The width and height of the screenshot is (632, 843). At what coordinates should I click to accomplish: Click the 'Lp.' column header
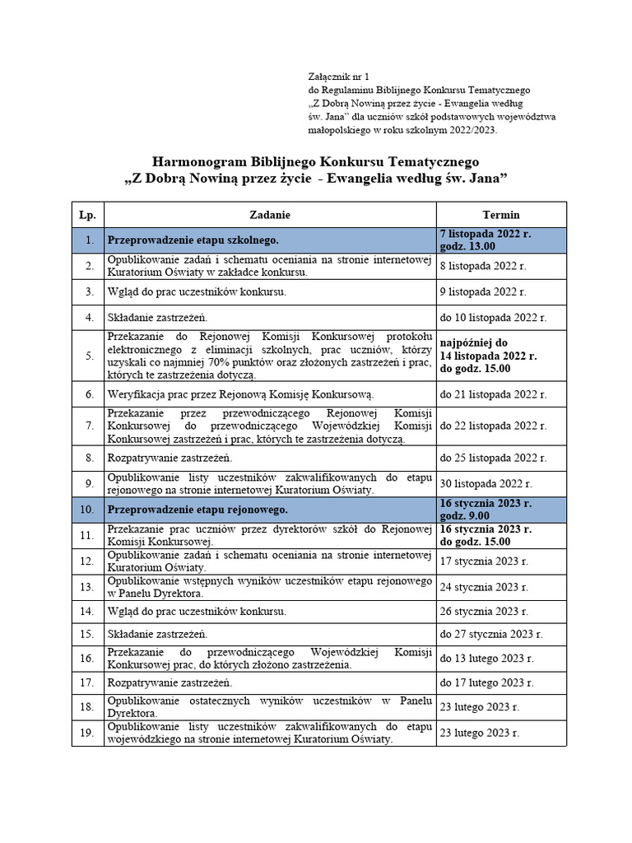[87, 214]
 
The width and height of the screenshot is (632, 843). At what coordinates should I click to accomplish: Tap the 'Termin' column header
[501, 214]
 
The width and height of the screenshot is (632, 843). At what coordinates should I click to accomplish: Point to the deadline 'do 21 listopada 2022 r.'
[492, 395]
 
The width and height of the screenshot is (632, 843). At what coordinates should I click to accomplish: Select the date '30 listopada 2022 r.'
[486, 483]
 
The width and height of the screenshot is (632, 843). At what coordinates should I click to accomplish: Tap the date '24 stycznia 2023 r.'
[483, 587]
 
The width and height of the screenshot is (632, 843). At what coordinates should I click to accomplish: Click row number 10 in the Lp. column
[87, 509]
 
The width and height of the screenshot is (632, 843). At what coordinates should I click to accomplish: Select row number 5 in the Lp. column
[87, 356]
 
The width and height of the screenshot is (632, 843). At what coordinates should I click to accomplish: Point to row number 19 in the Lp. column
[87, 733]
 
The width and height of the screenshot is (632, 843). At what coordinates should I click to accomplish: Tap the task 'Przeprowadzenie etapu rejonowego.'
[196, 509]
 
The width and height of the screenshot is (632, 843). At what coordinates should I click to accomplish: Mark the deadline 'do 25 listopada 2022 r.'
[492, 458]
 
